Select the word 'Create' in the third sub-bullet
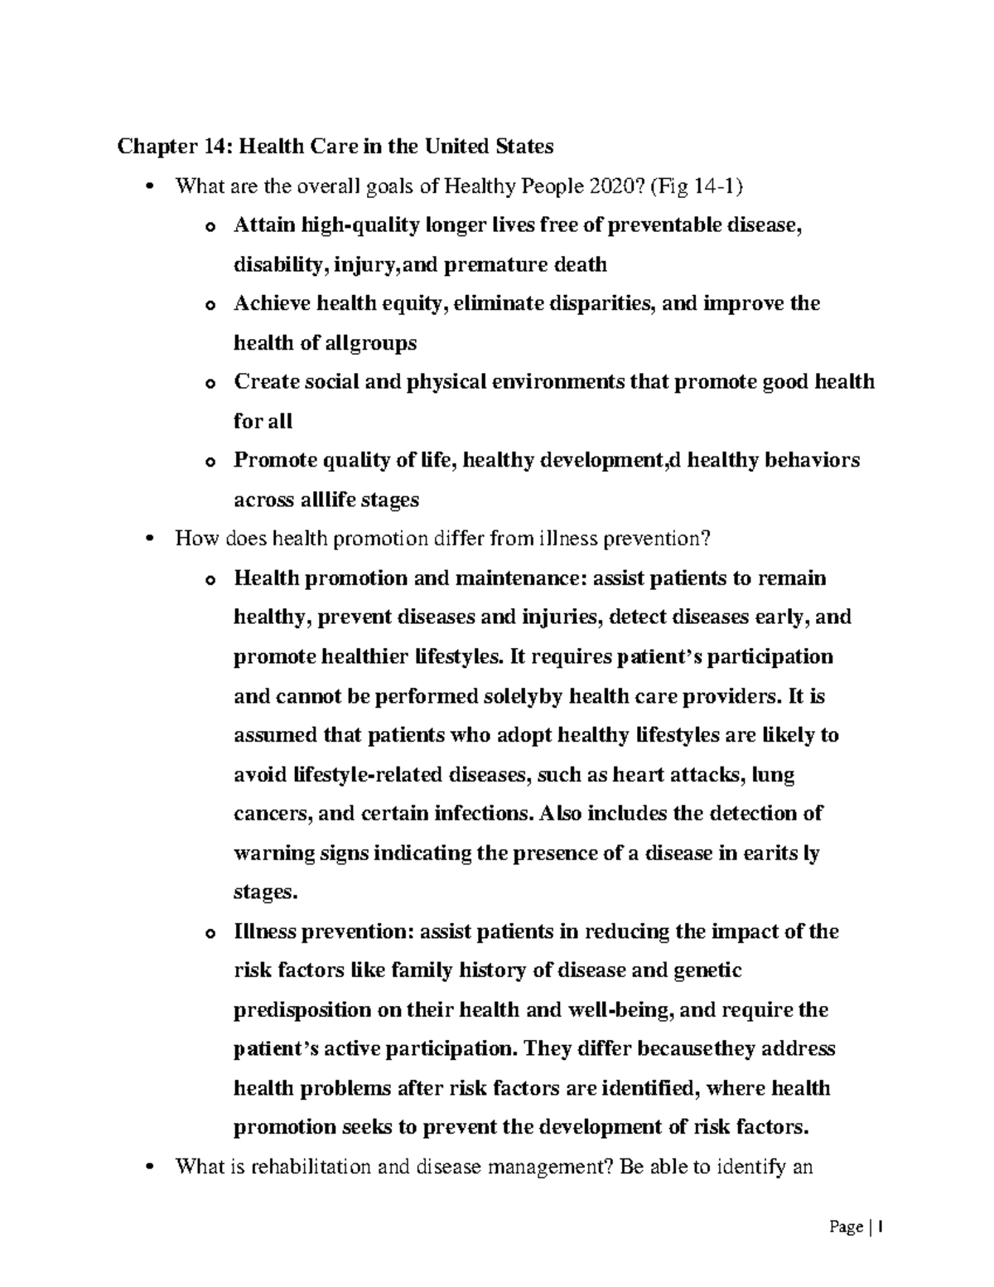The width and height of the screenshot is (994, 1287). [266, 382]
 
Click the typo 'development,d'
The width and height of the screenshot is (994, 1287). [608, 460]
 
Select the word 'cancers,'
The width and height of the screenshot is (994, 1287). [273, 814]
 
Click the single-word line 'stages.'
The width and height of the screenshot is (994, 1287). [264, 893]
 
